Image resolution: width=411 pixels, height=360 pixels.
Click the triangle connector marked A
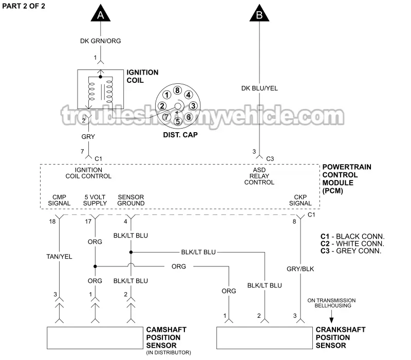pyautogui.click(x=101, y=14)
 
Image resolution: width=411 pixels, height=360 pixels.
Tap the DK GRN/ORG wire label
pyautogui.click(x=101, y=41)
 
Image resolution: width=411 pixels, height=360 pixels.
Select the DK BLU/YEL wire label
pyautogui.click(x=259, y=88)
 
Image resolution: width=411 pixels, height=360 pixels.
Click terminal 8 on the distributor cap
pyautogui.click(x=177, y=91)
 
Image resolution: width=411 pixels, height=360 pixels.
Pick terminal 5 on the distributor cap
pyautogui.click(x=177, y=121)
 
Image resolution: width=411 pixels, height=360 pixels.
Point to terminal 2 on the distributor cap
pyautogui.click(x=162, y=106)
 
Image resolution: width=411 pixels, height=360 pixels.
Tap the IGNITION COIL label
pyautogui.click(x=142, y=76)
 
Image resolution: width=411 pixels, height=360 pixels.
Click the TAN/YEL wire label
pyautogui.click(x=59, y=256)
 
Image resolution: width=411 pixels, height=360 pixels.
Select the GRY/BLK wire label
pyautogui.click(x=301, y=268)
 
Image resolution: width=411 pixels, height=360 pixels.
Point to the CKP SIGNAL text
pyautogui.click(x=301, y=200)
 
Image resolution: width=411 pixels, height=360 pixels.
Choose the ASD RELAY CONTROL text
pyautogui.click(x=259, y=175)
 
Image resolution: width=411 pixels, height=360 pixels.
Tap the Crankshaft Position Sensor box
pyautogui.click(x=264, y=337)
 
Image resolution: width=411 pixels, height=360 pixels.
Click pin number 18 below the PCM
pyautogui.click(x=52, y=221)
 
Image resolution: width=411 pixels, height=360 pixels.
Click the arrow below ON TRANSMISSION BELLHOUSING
pyautogui.click(x=331, y=315)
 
